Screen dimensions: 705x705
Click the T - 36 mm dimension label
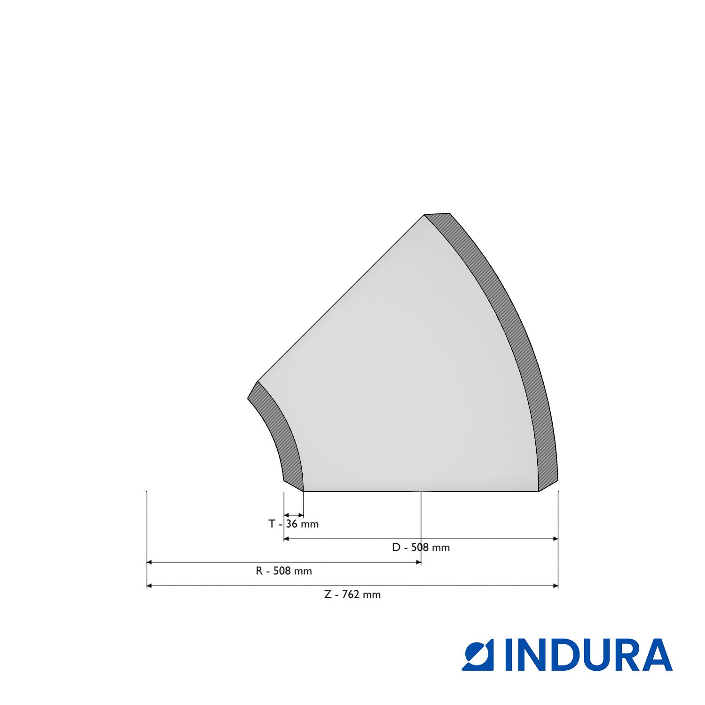coord(293,524)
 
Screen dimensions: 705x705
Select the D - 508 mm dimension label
coord(421,547)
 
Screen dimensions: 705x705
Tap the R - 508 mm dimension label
coord(283,571)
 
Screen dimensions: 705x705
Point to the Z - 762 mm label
coord(352,594)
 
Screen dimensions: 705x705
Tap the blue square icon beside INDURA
coord(481,654)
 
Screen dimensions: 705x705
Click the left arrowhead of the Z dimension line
coord(149,586)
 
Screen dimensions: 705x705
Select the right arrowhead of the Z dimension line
coord(556,586)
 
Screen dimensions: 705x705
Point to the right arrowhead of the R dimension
coord(418,562)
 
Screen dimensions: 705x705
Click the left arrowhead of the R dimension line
coord(149,562)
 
